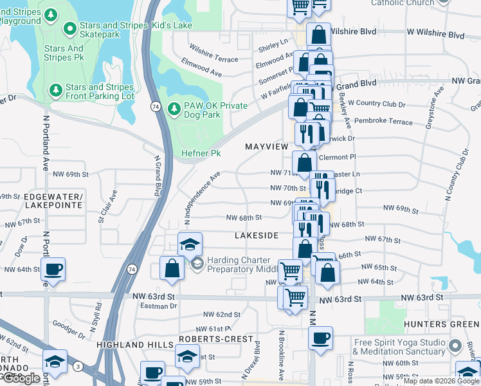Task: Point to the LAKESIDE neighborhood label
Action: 256,235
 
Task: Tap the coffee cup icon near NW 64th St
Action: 54,269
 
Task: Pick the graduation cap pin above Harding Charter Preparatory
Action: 190,245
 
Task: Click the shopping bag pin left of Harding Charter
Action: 172,269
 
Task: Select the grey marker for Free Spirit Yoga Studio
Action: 455,346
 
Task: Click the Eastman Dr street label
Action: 158,306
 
